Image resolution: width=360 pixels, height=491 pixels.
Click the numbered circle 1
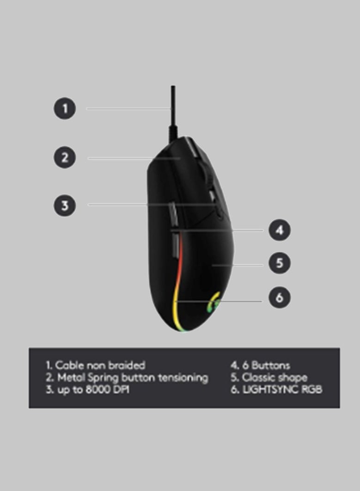tap(65, 109)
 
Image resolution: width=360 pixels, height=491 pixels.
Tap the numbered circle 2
tap(65, 157)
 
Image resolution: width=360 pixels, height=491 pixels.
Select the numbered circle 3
tap(65, 206)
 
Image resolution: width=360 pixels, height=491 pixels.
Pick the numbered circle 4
tap(280, 230)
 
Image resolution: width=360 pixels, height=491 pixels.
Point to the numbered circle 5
tap(280, 263)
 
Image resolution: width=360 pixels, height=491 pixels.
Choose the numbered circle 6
tap(280, 297)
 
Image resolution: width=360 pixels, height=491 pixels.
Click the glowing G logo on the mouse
tap(214, 302)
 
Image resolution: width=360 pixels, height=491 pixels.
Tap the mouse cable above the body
tap(173, 113)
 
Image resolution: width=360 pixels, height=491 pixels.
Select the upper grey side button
tap(173, 213)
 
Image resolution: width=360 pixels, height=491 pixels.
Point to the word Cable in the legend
tap(69, 365)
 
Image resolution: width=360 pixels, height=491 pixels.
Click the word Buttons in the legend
tap(271, 365)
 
